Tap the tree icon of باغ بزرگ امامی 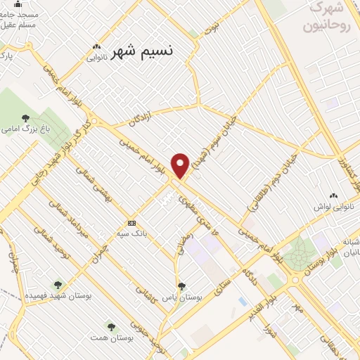(x=26, y=118)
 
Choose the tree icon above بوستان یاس (x=182, y=285)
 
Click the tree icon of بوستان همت (x=110, y=326)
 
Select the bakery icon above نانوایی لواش (x=333, y=195)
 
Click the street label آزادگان (x=141, y=122)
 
